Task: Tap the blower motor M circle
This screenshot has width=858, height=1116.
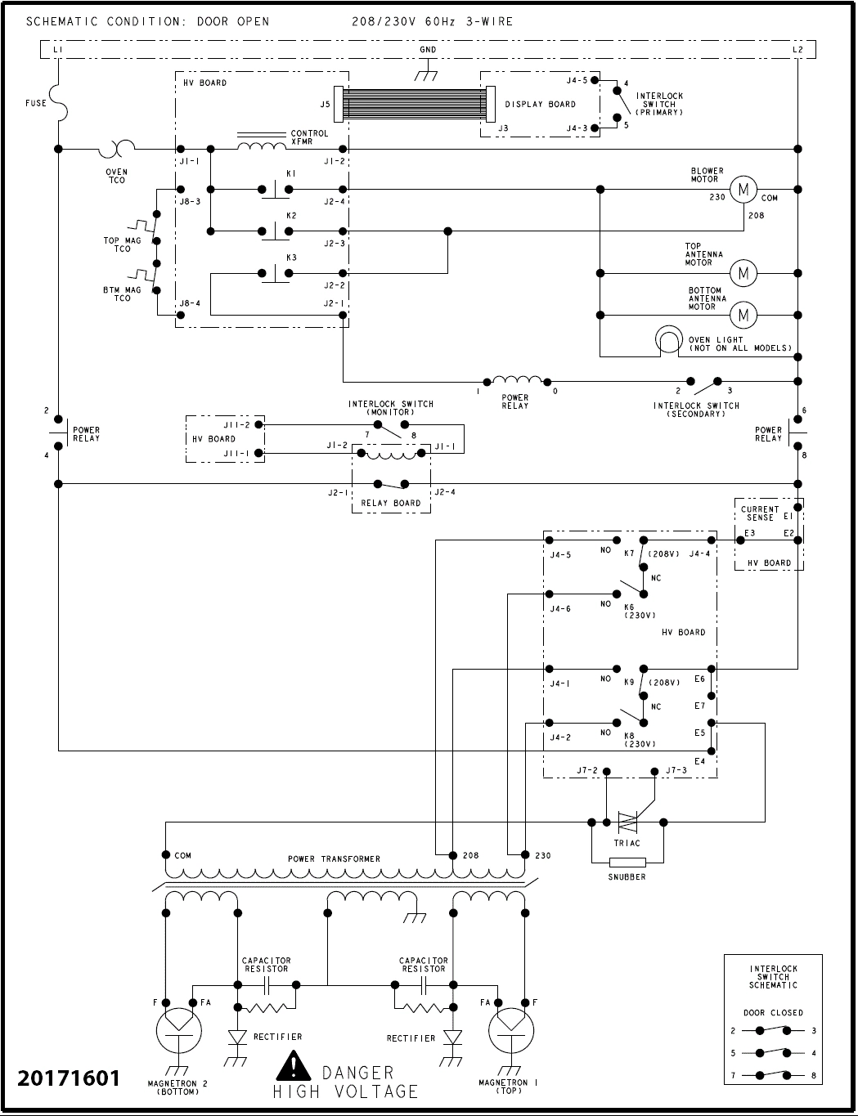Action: point(743,190)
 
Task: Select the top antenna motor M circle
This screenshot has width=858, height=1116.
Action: point(743,273)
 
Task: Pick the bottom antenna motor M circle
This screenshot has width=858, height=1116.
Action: point(743,315)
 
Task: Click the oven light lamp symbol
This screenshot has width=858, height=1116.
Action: point(668,339)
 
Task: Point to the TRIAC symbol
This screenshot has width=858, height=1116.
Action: point(627,822)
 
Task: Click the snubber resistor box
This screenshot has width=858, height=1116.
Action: point(627,862)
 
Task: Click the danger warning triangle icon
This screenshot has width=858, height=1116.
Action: point(292,1067)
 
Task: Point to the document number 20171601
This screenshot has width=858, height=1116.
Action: point(69,1078)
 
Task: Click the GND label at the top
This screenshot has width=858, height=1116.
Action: point(427,50)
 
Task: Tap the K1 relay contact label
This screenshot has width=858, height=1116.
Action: point(291,174)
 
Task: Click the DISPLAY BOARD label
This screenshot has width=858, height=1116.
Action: point(540,105)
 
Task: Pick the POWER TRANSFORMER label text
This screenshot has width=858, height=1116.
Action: point(334,859)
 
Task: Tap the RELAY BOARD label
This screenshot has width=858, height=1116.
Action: point(390,504)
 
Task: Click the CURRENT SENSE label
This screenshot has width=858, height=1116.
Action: point(760,513)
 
